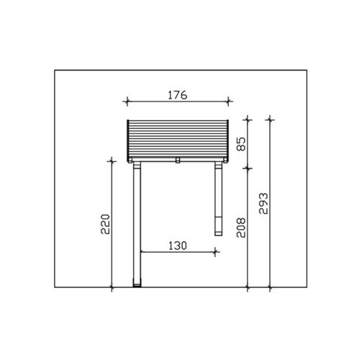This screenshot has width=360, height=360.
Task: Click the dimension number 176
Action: click(177, 95)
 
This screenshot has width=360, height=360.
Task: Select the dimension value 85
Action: click(241, 144)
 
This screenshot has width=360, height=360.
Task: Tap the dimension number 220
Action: click(105, 224)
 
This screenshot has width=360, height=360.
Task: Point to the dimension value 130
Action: click(178, 246)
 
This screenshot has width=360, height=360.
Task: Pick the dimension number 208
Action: click(241, 228)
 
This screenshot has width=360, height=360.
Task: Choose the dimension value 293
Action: click(264, 203)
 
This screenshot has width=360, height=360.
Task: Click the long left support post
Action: click(137, 224)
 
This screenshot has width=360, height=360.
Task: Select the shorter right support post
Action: click(219, 199)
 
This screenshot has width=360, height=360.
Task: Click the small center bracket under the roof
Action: click(178, 161)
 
